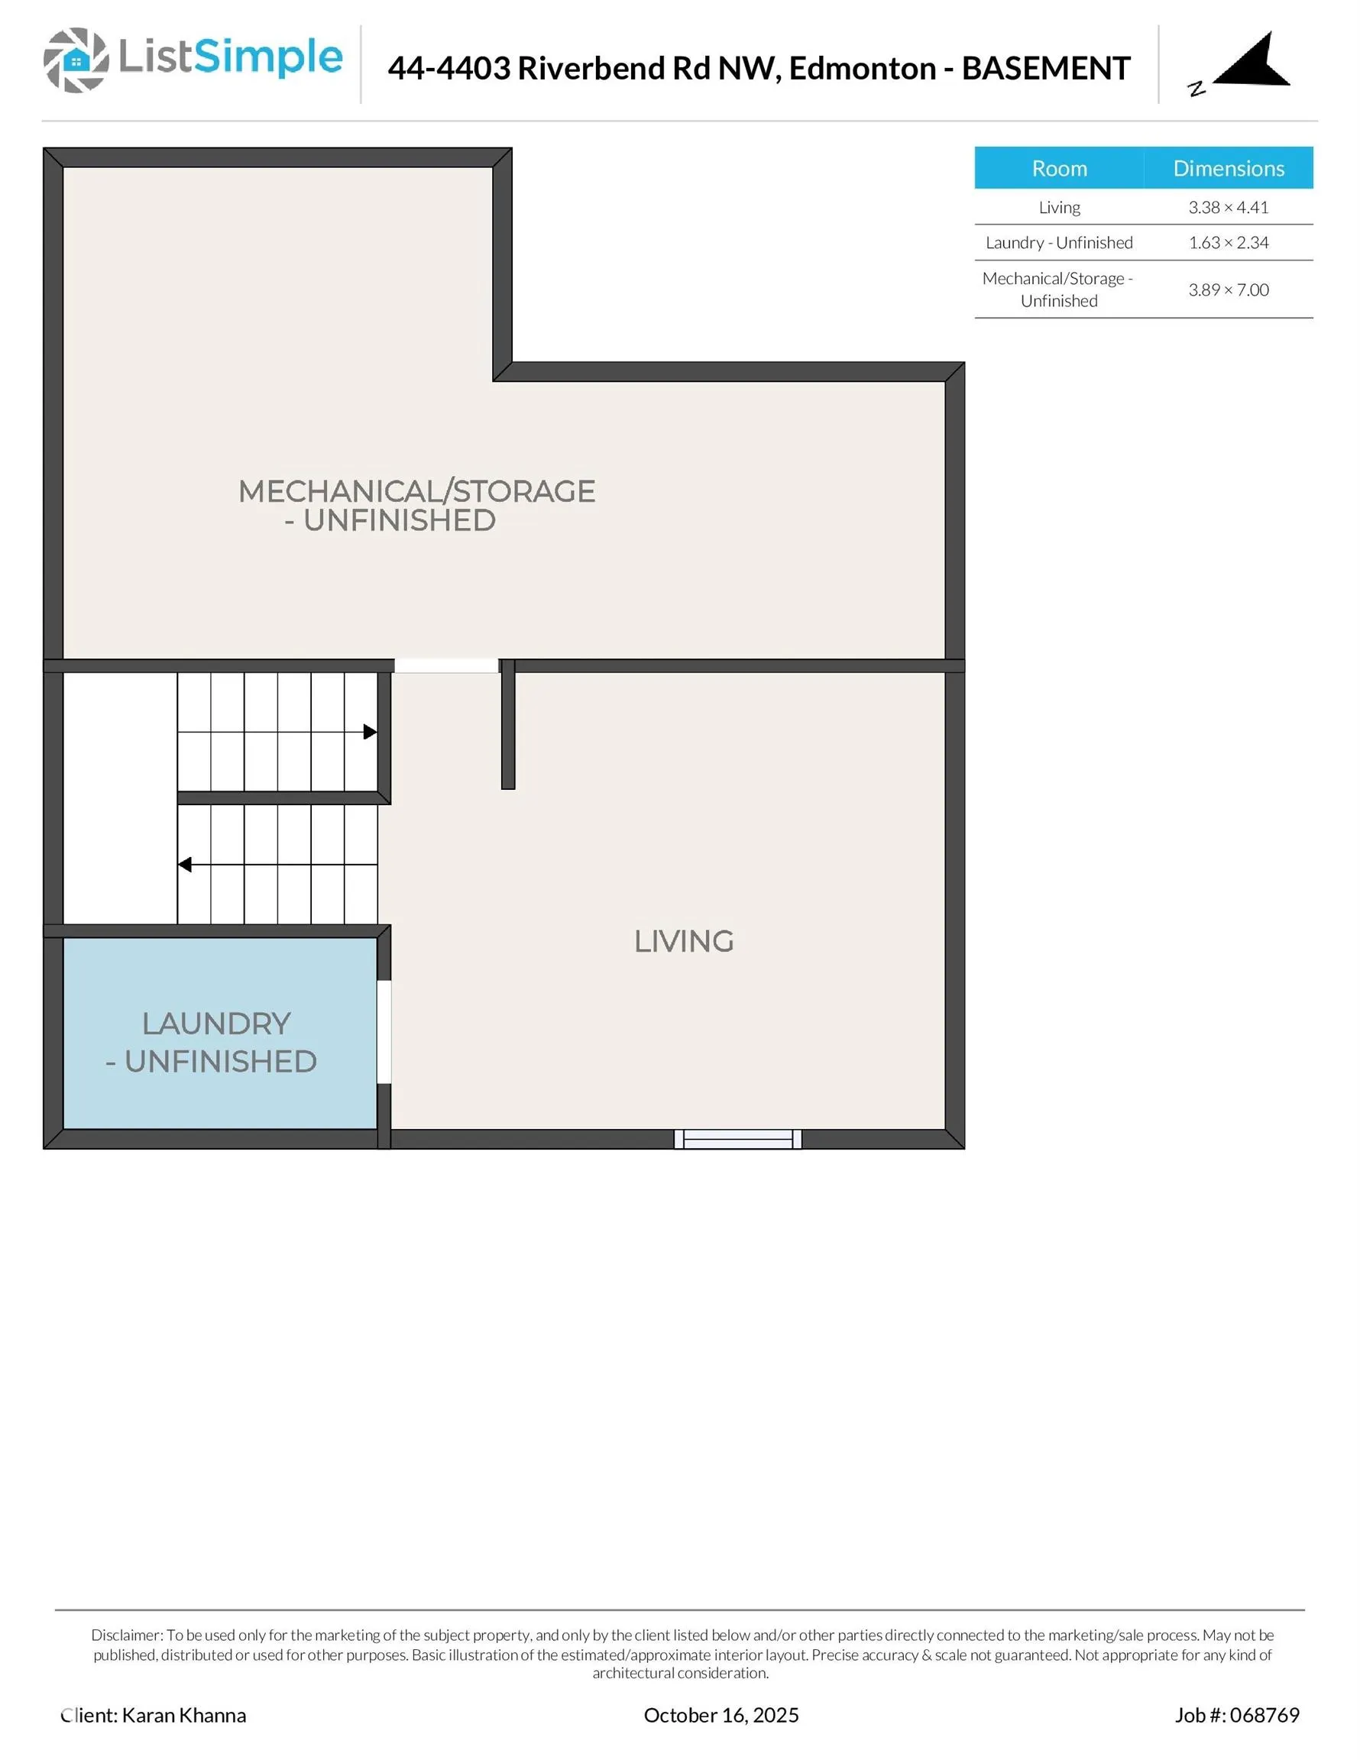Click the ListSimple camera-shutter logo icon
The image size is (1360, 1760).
point(76,60)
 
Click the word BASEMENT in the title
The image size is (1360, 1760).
point(1046,69)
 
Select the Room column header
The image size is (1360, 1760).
point(1058,168)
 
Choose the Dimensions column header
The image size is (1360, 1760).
point(1228,168)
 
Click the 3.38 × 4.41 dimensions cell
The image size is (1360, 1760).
point(1228,207)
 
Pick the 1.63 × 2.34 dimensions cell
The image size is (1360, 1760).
point(1228,243)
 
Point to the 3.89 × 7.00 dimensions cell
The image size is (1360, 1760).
point(1228,290)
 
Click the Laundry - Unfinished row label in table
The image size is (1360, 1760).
point(1058,243)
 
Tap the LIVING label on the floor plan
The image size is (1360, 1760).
point(684,941)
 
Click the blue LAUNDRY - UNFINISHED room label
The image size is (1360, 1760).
point(213,1042)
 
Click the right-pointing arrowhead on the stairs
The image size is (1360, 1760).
point(370,732)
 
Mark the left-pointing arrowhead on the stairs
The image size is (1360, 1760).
point(185,865)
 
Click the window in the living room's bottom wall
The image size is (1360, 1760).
point(737,1139)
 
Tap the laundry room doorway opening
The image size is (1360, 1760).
point(384,1031)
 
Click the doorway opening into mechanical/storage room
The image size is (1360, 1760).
point(445,665)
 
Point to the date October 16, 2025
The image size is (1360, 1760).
point(720,1715)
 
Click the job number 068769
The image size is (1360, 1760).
point(1264,1715)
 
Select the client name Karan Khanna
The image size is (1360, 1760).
point(184,1715)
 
